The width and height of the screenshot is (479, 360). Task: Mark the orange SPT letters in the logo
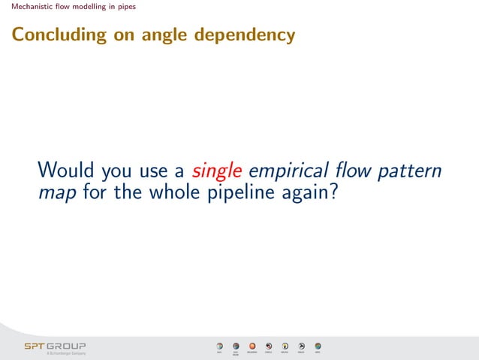coord(35,346)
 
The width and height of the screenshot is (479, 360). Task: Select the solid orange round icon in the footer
coord(252,346)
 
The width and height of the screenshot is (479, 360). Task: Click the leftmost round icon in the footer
coord(219,346)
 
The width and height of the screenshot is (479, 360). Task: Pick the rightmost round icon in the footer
coord(318,346)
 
